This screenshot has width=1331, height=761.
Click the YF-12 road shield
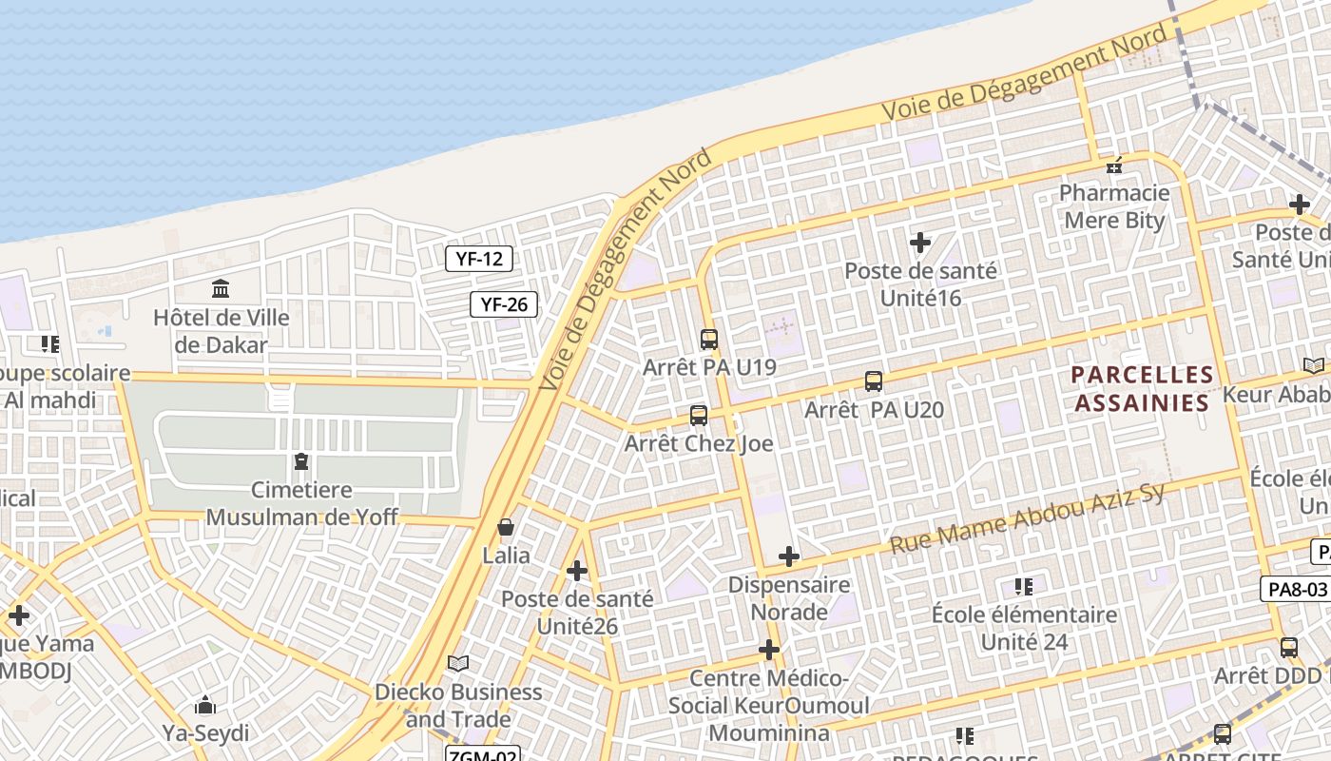click(x=479, y=259)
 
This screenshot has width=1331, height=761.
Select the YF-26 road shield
click(x=504, y=304)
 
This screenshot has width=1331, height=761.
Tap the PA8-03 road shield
click(x=1294, y=589)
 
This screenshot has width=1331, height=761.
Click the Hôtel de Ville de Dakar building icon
click(x=221, y=287)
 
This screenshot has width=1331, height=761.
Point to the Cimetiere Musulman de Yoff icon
click(x=301, y=462)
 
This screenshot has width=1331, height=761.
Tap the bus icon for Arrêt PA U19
click(x=708, y=339)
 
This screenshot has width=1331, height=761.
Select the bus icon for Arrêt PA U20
click(x=873, y=381)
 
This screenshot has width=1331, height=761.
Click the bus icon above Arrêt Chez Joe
click(x=698, y=415)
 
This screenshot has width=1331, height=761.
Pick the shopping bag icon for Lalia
click(x=506, y=527)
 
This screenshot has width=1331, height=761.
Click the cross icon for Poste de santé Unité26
click(x=577, y=571)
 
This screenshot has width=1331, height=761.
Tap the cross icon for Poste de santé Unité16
click(x=919, y=243)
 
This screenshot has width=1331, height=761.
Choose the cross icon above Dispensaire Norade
click(x=788, y=556)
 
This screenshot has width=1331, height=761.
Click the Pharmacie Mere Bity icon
click(x=1113, y=166)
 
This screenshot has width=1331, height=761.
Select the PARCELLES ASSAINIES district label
click(x=1142, y=388)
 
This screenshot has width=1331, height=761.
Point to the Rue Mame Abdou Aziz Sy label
click(x=1027, y=518)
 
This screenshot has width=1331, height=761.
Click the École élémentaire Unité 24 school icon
click(x=1023, y=586)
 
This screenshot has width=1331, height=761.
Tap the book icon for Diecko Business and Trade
click(x=458, y=663)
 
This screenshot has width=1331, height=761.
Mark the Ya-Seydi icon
click(x=204, y=705)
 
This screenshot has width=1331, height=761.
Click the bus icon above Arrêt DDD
click(x=1288, y=648)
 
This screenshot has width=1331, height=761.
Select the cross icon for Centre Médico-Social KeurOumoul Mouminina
click(x=769, y=650)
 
